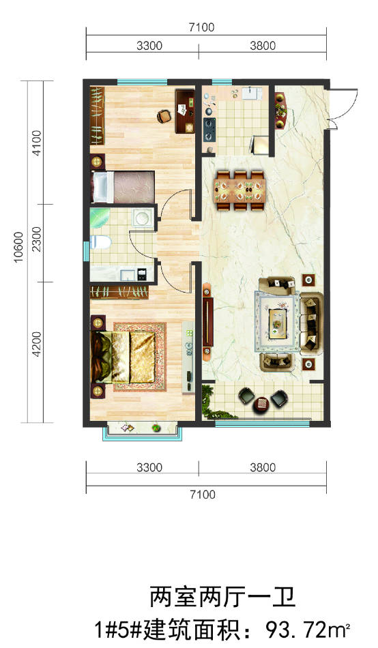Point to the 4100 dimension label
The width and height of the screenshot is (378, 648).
(x=37, y=143)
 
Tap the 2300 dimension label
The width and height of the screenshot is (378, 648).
(x=37, y=239)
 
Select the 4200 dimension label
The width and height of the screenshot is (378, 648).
(x=37, y=344)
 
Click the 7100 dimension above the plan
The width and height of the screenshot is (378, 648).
(x=202, y=27)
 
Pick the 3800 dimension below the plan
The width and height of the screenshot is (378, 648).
(x=263, y=467)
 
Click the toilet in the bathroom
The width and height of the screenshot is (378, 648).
(x=100, y=242)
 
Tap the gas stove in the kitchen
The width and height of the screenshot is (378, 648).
(x=209, y=128)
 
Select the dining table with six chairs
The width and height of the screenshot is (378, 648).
(x=239, y=190)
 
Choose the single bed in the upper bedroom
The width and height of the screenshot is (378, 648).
(x=123, y=187)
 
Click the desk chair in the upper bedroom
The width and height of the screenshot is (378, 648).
(x=164, y=116)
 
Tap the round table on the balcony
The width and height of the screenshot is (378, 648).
(x=263, y=402)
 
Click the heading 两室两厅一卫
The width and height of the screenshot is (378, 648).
(x=222, y=598)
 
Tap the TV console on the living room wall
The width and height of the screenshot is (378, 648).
(x=208, y=319)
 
